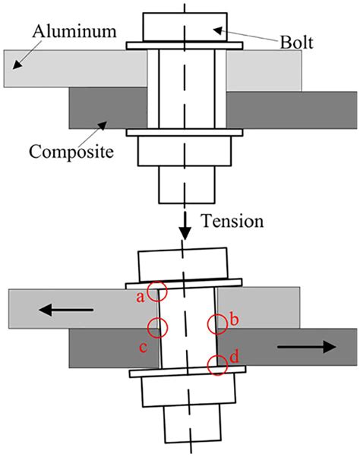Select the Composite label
tap(71, 151)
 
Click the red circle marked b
tap(217, 323)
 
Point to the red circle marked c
tap(158, 328)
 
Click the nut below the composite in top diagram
tap(183, 152)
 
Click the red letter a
tap(140, 298)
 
